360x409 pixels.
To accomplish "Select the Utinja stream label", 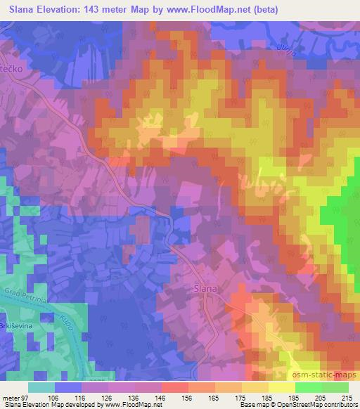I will click(284, 47).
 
